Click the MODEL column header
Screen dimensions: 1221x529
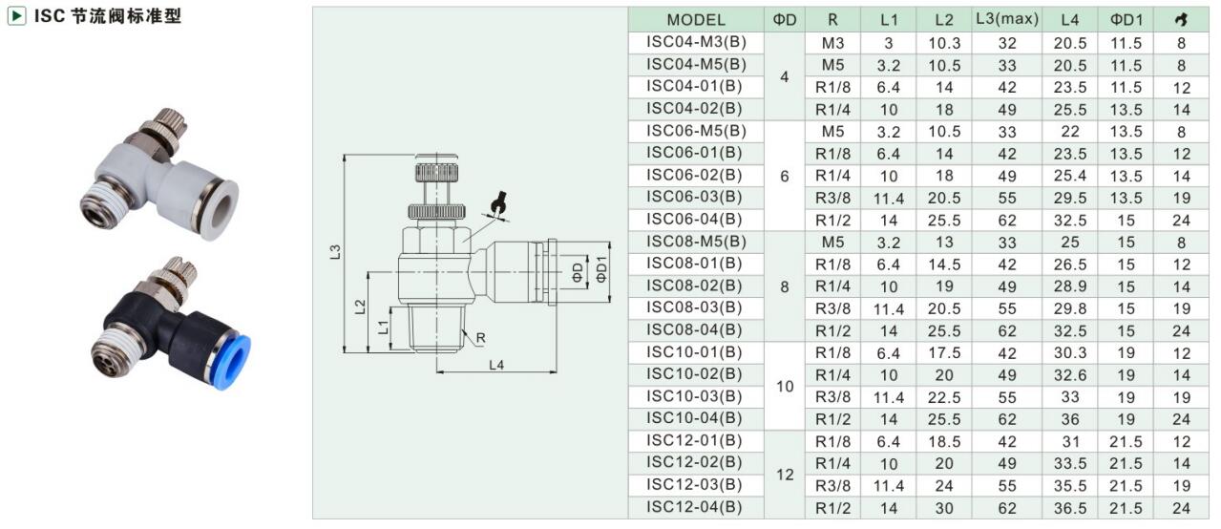696,20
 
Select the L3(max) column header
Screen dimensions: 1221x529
1007,19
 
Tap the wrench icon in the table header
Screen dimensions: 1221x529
1181,20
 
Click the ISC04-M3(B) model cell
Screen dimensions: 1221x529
696,43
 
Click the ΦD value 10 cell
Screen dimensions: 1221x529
785,386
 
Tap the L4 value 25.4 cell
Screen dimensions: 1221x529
1069,176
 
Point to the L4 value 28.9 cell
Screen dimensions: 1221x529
1069,286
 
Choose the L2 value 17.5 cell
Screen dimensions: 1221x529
944,353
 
